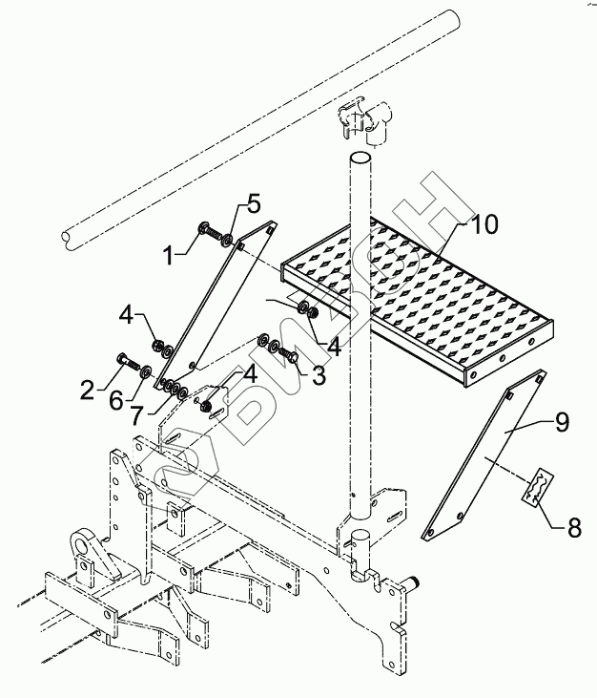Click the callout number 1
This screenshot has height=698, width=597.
click(168, 256)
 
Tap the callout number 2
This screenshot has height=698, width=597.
click(89, 391)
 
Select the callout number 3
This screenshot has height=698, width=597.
click(319, 375)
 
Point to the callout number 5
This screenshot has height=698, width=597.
click(253, 204)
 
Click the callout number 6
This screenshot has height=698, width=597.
click(116, 402)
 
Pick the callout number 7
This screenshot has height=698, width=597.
click(136, 415)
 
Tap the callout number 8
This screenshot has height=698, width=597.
click(574, 528)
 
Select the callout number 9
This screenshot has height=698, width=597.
click(562, 421)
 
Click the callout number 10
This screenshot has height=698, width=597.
click(484, 224)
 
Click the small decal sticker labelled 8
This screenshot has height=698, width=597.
click(538, 487)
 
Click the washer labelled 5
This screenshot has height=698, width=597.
click(228, 240)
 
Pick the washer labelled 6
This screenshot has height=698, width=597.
click(146, 371)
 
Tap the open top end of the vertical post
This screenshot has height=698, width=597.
click(360, 159)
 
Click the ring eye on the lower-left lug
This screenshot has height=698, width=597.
click(81, 541)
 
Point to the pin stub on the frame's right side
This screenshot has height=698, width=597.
click(414, 582)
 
